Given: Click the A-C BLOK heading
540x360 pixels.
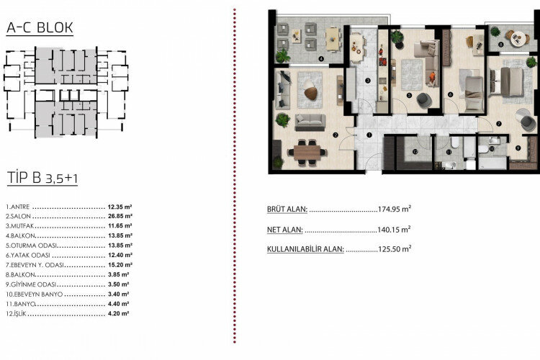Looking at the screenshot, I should point(39,28).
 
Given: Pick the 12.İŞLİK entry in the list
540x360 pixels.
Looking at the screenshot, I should point(17,314).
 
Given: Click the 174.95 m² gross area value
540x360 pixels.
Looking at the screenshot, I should point(394,210).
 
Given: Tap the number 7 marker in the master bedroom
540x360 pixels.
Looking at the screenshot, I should point(498,123).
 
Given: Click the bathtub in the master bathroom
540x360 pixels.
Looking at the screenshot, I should point(493,163).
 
